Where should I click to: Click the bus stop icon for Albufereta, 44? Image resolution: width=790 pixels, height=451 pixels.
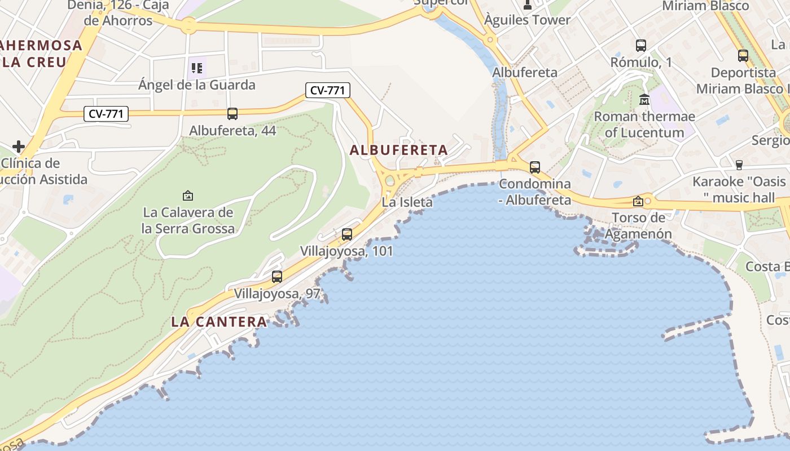pyautogui.click(x=232, y=114)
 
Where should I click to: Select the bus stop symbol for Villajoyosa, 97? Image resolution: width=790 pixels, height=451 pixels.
pyautogui.click(x=276, y=277)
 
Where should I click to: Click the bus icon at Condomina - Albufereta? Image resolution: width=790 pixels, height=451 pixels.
pyautogui.click(x=534, y=167)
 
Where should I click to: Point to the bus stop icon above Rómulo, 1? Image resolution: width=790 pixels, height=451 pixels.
pyautogui.click(x=640, y=46)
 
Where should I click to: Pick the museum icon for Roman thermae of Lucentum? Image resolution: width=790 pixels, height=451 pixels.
pyautogui.click(x=644, y=100)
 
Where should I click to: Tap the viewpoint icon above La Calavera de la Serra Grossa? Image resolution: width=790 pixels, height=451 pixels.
pyautogui.click(x=188, y=196)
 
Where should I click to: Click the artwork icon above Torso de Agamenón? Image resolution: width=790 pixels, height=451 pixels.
pyautogui.click(x=638, y=201)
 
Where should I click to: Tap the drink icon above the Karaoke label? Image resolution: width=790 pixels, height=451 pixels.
pyautogui.click(x=739, y=165)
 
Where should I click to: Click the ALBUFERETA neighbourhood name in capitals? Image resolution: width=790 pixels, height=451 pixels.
pyautogui.click(x=398, y=151)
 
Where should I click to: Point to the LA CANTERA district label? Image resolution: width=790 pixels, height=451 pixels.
pyautogui.click(x=219, y=322)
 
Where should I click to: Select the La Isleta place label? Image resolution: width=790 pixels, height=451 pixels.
pyautogui.click(x=407, y=202)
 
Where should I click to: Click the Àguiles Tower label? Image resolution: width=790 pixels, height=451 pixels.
pyautogui.click(x=527, y=20)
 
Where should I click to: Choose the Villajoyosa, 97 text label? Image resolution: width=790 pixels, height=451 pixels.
pyautogui.click(x=277, y=294)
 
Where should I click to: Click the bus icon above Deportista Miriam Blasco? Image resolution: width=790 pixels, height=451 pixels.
pyautogui.click(x=743, y=56)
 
